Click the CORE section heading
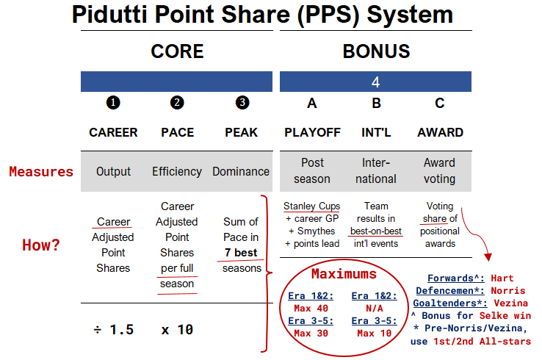point(177,51)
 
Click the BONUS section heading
point(376,51)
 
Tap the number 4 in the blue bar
point(375,82)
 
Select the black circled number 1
point(113,104)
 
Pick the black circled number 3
point(241,104)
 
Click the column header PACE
point(177,133)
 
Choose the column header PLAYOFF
point(312,133)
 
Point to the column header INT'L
point(376,133)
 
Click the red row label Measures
point(41,172)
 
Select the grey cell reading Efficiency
point(177,172)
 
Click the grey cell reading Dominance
point(241,172)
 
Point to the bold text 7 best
point(241,253)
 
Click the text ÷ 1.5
point(113,330)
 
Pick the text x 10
point(177,330)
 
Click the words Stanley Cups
point(312,206)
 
